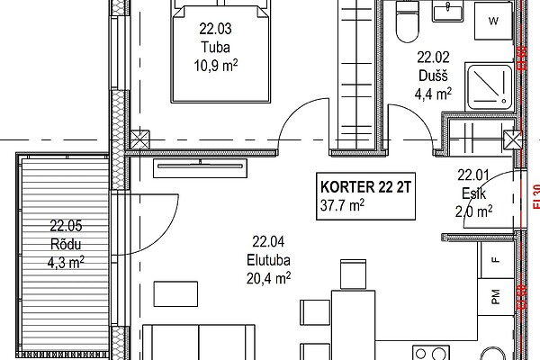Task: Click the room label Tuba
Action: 216,47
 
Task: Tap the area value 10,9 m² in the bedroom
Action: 216,65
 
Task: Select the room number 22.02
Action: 433,58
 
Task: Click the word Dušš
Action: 433,76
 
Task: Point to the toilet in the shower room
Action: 408,22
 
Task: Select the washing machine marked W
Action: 493,21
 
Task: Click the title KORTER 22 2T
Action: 365,187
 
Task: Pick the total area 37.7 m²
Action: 342,205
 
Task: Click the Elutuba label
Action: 268,260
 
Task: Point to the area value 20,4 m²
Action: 268,278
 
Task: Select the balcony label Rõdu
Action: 66,244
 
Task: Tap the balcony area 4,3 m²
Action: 66,263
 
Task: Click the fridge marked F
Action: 497,260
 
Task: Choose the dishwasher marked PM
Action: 497,297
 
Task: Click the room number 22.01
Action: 473,175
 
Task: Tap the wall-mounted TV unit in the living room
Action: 200,167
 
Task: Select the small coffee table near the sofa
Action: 175,294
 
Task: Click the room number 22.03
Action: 216,29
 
